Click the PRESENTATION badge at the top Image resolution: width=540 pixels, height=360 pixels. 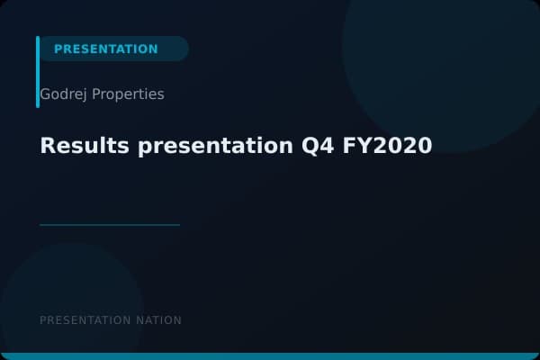106,49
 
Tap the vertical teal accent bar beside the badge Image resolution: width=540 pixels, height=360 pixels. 38,72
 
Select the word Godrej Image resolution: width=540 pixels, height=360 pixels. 64,94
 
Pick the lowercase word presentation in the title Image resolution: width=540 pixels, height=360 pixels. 217,145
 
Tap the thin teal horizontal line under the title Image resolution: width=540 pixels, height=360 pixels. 110,225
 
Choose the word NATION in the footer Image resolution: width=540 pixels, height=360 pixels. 158,320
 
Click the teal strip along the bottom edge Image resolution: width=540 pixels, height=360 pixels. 270,356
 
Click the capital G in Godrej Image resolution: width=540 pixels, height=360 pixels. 45,94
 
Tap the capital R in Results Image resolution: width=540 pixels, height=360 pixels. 47,145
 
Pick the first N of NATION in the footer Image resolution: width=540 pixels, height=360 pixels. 139,320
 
